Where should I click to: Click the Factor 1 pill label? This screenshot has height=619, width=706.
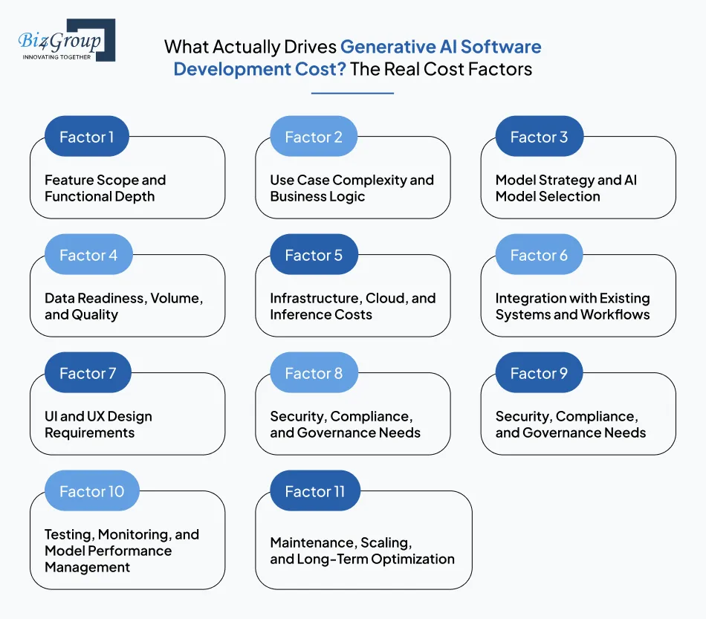click(87, 137)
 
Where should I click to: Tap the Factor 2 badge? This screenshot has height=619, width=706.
click(313, 137)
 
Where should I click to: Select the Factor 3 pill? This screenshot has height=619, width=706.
click(539, 137)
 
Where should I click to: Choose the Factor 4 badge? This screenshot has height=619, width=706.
click(88, 255)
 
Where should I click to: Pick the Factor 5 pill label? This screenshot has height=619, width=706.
click(313, 255)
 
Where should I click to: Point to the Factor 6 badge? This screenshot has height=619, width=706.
click(539, 255)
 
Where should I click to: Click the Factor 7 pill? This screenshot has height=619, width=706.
click(87, 373)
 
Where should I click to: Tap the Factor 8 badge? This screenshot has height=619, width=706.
click(313, 373)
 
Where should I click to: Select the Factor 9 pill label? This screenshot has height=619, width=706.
click(539, 373)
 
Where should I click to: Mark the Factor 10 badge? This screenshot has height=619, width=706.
click(91, 491)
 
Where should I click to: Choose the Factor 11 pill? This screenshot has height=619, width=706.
click(315, 491)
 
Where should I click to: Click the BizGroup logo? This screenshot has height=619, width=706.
click(65, 41)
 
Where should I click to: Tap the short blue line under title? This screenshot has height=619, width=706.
click(352, 94)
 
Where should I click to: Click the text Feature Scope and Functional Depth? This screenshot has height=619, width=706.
click(105, 188)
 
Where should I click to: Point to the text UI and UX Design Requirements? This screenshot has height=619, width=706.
click(97, 424)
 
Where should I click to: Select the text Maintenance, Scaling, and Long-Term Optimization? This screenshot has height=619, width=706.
click(361, 551)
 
